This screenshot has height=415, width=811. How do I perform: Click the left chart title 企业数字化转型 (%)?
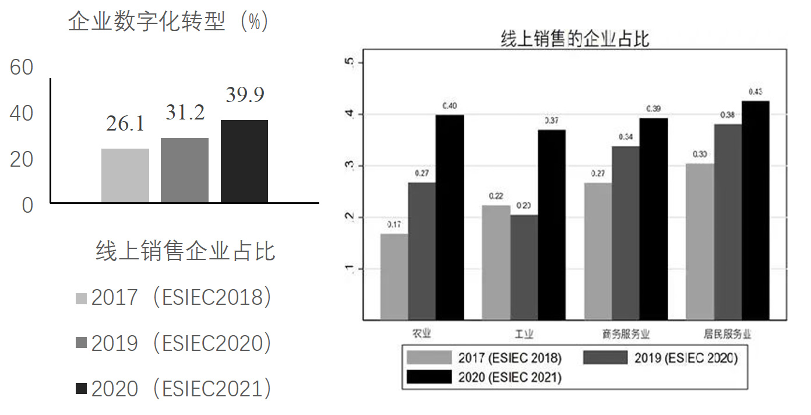pos(168,22)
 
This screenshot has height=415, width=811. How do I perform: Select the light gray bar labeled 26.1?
pos(125,175)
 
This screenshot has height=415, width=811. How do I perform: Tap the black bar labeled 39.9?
pos(244,161)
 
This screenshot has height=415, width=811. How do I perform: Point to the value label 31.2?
pos(185,112)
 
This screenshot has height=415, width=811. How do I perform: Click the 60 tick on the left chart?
pos(22,68)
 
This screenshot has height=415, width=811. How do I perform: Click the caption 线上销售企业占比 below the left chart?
pos(185,251)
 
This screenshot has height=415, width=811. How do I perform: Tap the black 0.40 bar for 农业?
pos(450,217)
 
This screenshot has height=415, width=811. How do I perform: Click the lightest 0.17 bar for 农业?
pos(394,276)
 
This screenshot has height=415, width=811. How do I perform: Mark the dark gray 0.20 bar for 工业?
pos(524,267)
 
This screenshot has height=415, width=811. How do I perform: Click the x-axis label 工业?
pos(524,335)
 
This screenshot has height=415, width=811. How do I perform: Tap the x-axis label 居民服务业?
pos(728,335)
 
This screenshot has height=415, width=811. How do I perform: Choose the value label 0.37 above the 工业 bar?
pos(551,120)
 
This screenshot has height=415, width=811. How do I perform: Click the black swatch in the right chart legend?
pos(429,377)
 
